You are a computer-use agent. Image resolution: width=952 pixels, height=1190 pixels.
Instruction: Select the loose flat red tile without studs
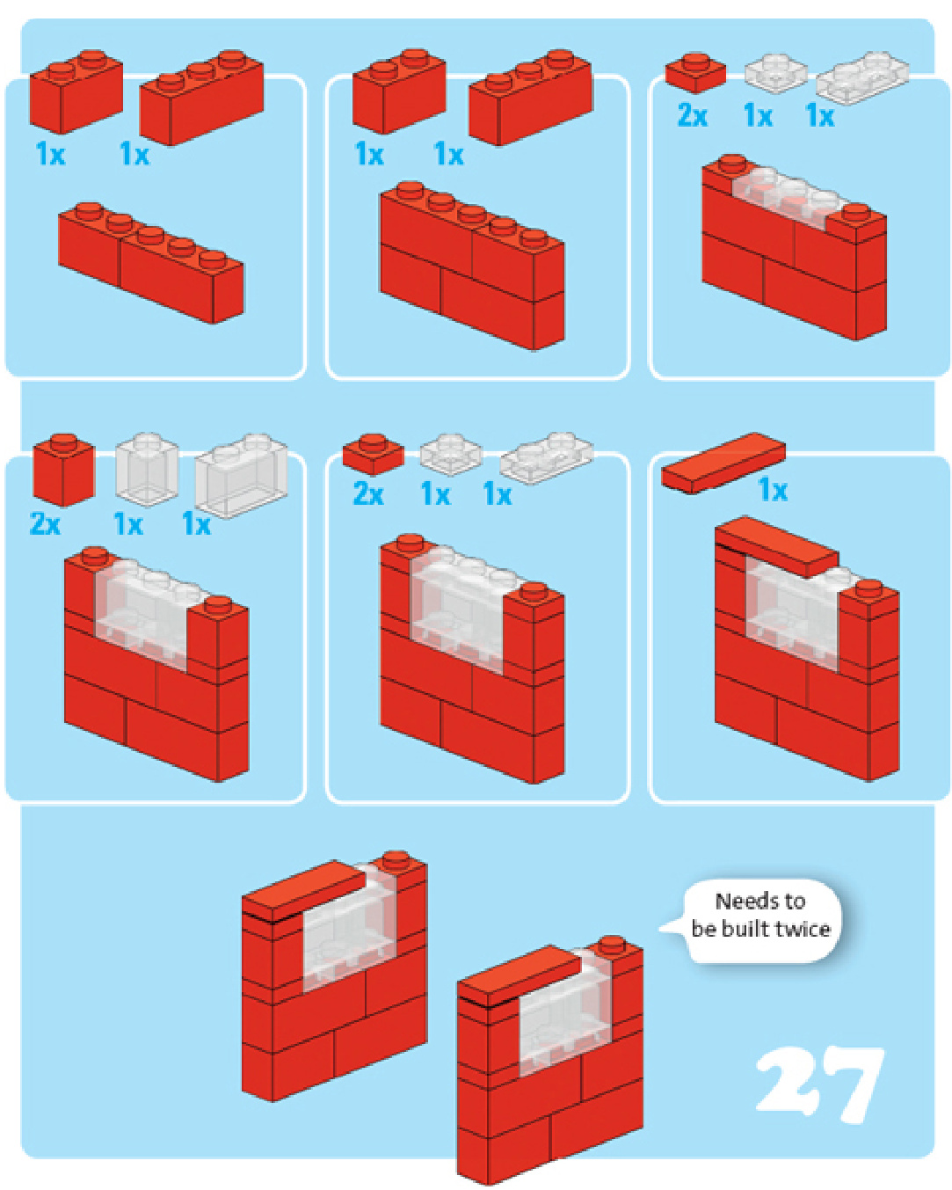(723, 463)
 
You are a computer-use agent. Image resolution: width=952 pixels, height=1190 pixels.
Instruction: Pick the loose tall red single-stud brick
(63, 470)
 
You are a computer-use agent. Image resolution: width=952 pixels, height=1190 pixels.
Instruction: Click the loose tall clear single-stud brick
(147, 470)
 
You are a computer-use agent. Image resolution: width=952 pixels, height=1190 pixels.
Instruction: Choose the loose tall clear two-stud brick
(241, 476)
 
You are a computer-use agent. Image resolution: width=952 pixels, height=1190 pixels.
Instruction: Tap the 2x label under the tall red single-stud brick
(45, 523)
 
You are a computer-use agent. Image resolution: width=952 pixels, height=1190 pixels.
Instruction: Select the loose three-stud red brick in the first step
(201, 98)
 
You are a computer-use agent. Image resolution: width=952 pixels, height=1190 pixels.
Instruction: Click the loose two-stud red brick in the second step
(398, 91)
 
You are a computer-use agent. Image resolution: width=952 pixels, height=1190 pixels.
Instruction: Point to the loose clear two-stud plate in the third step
(861, 77)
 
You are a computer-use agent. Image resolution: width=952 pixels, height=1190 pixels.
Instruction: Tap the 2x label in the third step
(692, 116)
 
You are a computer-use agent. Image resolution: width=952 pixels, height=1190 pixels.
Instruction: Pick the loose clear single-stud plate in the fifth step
(451, 455)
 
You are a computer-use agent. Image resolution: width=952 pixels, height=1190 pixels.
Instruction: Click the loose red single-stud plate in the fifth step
(374, 455)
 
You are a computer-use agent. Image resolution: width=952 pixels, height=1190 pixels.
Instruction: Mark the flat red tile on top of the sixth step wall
(777, 546)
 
